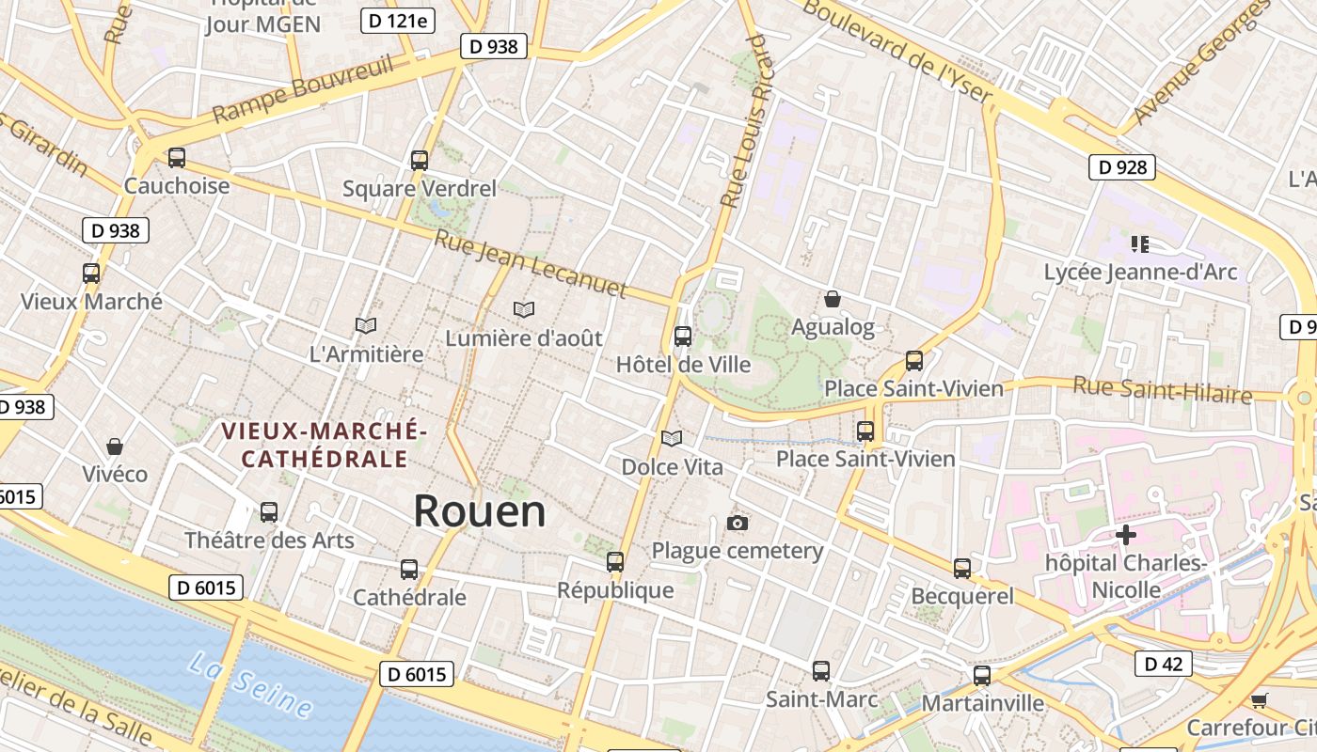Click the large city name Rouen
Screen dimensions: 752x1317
click(480, 511)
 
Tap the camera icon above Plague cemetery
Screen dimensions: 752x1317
click(738, 523)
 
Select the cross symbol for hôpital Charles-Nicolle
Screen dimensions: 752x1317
click(1125, 536)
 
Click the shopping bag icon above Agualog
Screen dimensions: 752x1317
click(833, 300)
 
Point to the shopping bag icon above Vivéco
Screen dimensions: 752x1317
click(115, 446)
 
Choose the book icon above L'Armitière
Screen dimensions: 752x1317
click(366, 326)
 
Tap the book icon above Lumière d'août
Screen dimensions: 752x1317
click(524, 309)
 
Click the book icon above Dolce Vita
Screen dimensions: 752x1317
click(672, 438)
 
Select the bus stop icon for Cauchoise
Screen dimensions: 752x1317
click(177, 158)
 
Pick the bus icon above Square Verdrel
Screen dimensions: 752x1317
click(420, 161)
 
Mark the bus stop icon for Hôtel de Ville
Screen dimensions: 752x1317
click(683, 336)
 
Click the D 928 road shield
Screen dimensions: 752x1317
click(1122, 167)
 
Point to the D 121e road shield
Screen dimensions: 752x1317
click(398, 21)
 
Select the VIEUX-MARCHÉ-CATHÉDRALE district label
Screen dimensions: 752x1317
click(325, 445)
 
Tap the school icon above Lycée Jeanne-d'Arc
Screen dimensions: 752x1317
click(1140, 245)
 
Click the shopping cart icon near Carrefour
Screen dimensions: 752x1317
click(1260, 700)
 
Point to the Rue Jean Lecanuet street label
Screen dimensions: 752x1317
click(531, 264)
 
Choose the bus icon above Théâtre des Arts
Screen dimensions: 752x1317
click(269, 512)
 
